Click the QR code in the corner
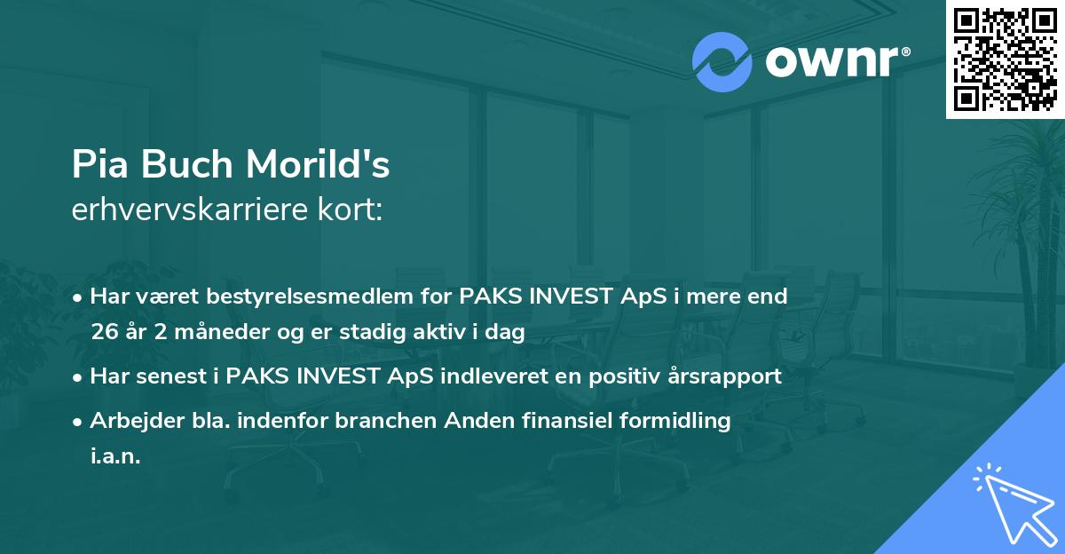pyautogui.click(x=1005, y=59)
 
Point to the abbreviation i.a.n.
pyautogui.click(x=115, y=456)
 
